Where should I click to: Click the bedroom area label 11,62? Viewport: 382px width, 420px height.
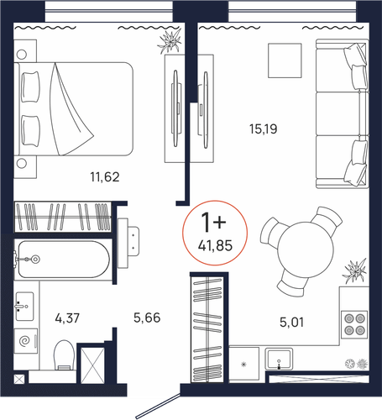click(x=105, y=177)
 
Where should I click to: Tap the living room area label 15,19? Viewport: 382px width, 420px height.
click(x=264, y=129)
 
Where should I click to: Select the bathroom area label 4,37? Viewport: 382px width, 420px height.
click(x=67, y=318)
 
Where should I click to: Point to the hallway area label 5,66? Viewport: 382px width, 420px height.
click(x=147, y=318)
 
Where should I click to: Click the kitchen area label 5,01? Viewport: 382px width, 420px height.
click(x=291, y=323)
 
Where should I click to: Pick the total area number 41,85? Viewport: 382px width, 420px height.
click(x=215, y=246)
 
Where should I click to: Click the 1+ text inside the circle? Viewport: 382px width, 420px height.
click(x=213, y=222)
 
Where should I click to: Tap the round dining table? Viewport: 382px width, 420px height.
click(x=306, y=249)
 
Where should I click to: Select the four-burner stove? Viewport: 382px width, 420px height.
click(x=354, y=324)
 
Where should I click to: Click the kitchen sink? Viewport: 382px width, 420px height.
click(x=279, y=360)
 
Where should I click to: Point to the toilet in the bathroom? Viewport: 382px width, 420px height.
click(x=64, y=354)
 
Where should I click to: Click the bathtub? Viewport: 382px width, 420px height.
click(x=63, y=260)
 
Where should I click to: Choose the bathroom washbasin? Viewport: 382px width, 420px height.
click(x=24, y=307)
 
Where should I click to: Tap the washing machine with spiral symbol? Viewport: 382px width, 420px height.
click(x=26, y=341)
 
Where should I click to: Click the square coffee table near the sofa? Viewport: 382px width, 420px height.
click(x=285, y=60)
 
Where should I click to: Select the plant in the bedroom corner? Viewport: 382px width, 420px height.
click(x=170, y=41)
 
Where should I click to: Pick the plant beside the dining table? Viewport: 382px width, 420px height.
click(x=355, y=271)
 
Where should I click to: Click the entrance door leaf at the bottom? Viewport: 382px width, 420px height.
click(x=158, y=406)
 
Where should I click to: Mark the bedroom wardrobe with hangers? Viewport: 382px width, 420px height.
click(x=63, y=217)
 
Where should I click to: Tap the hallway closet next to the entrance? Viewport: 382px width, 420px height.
click(x=207, y=329)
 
